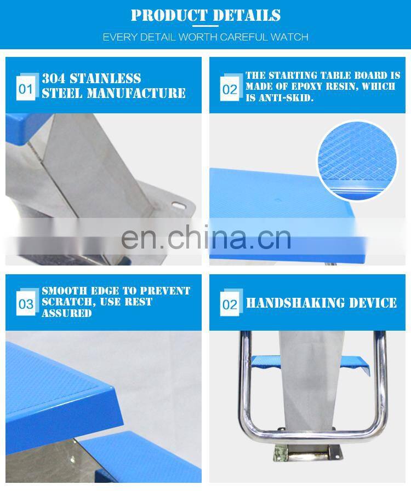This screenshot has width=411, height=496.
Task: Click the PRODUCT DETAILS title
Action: (206, 15)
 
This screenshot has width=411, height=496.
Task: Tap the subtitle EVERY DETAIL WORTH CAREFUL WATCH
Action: (206, 37)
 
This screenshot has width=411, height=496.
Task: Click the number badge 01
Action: (26, 89)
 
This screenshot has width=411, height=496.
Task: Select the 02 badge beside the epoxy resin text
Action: (230, 89)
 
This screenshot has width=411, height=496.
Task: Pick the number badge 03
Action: (26, 304)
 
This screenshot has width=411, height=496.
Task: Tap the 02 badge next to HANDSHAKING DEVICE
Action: (230, 304)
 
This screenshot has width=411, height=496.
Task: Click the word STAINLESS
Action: (105, 78)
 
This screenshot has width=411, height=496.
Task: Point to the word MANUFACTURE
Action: (136, 93)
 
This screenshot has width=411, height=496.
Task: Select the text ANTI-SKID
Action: (286, 98)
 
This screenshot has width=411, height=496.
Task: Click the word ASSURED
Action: (67, 313)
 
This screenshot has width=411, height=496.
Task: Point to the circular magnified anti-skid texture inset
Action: (357, 160)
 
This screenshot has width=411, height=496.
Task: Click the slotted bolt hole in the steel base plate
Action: (178, 206)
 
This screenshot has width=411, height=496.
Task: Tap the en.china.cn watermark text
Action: (206, 237)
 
